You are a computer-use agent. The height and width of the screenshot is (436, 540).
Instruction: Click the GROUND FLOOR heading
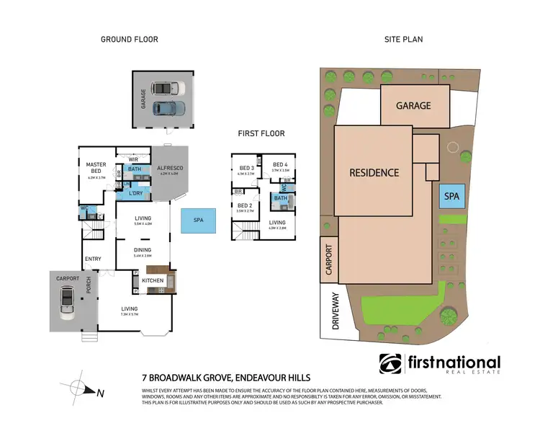tap(130, 40)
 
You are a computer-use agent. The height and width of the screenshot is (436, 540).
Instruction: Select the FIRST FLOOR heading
tap(262, 133)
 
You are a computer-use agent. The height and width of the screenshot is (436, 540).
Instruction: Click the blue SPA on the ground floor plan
tap(197, 221)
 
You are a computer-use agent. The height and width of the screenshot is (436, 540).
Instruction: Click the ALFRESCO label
tap(171, 168)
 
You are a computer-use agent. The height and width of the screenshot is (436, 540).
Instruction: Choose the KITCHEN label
tap(153, 280)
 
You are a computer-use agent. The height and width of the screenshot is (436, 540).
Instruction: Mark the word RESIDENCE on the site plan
tap(374, 173)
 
